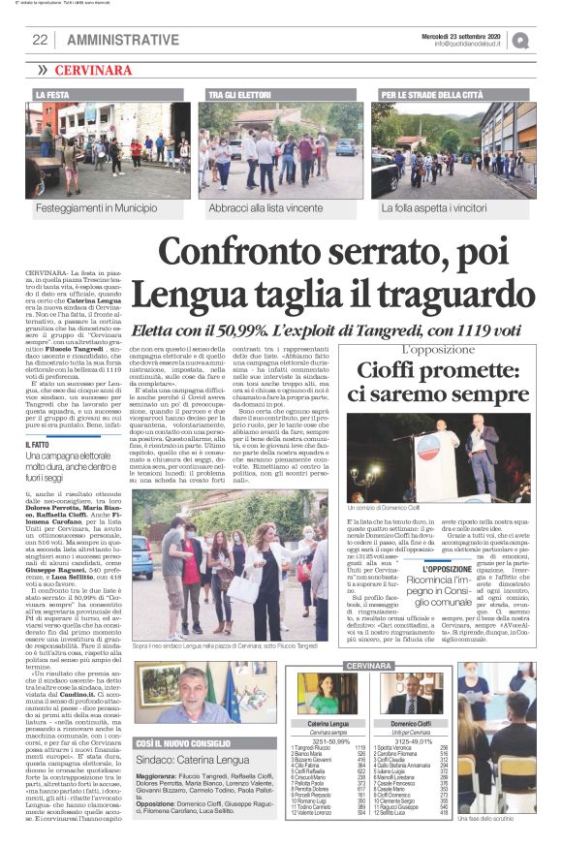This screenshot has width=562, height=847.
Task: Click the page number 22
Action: click(40, 40)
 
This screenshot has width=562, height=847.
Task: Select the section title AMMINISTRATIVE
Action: click(123, 40)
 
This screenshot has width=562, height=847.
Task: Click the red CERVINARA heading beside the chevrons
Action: click(96, 71)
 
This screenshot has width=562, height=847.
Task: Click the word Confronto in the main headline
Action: click(233, 254)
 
